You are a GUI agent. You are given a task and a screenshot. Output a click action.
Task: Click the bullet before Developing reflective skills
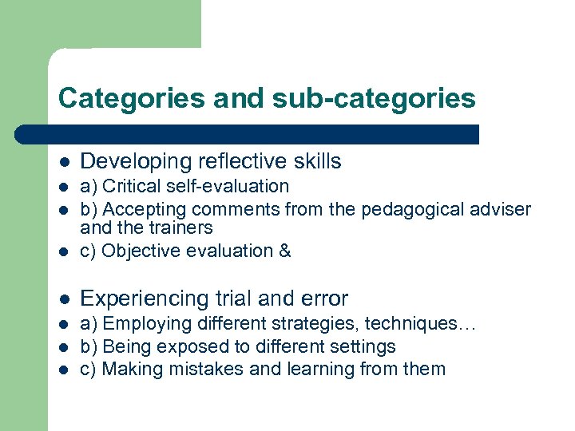coord(65,162)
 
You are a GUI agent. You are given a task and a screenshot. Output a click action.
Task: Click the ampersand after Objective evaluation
coord(285,251)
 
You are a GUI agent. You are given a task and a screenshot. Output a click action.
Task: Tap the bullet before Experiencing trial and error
coord(65,299)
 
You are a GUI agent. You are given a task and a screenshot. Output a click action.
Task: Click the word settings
coord(364,347)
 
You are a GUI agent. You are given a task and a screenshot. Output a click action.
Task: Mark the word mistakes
coord(200,370)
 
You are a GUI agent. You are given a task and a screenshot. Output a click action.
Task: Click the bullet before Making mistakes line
coord(65,370)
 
